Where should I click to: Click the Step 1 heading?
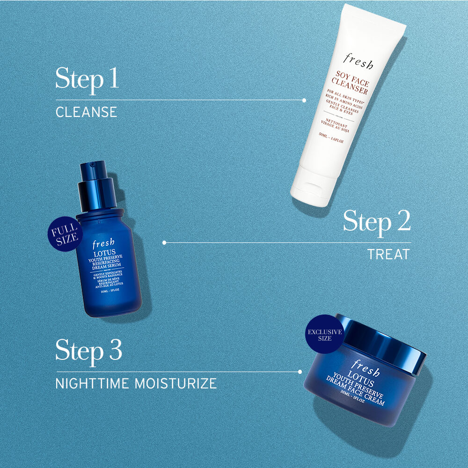pyautogui.click(x=87, y=79)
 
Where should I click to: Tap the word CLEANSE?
pyautogui.click(x=86, y=112)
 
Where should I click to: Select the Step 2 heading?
pyautogui.click(x=377, y=222)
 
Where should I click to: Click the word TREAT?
pyautogui.click(x=388, y=255)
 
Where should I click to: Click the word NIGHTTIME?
pyautogui.click(x=92, y=384)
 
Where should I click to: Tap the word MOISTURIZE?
pyautogui.click(x=175, y=384)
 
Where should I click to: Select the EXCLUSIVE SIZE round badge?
pyautogui.click(x=324, y=335)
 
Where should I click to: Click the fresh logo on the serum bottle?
pyautogui.click(x=103, y=243)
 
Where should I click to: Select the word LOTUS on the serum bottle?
pyautogui.click(x=103, y=253)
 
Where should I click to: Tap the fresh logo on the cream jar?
pyautogui.click(x=365, y=368)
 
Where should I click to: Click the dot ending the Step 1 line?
pyautogui.click(x=304, y=100)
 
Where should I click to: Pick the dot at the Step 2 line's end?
pyautogui.click(x=164, y=243)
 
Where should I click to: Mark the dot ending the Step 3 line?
pyautogui.click(x=300, y=372)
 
